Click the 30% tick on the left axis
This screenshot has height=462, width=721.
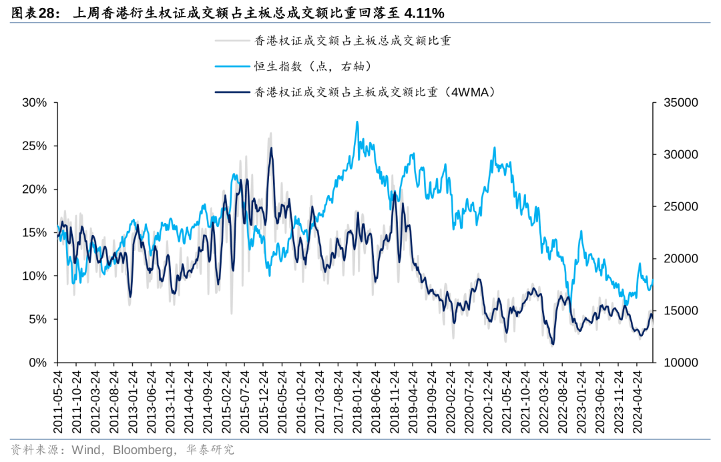point(34,103)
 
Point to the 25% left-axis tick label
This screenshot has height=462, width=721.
point(34,146)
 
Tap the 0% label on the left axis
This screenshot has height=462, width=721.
point(37,363)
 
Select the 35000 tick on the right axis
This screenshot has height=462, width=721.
point(680,103)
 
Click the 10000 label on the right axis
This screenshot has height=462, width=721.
point(680,363)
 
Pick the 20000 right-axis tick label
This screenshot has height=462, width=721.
point(680,258)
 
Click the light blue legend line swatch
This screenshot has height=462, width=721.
point(231,66)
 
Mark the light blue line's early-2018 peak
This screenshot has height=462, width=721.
point(357,122)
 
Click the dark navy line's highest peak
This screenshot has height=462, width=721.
point(271,148)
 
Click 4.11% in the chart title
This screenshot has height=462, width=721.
point(422,13)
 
